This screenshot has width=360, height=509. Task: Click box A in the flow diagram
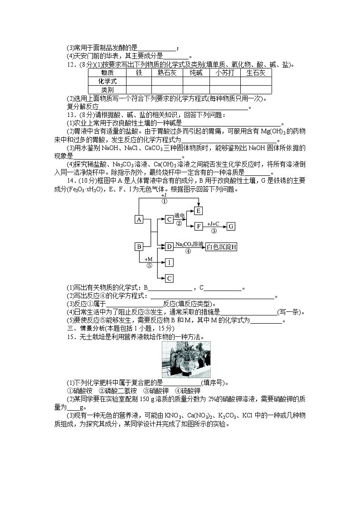[139, 219]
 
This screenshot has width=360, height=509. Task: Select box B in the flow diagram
[139, 247]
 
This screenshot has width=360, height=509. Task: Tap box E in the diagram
[198, 210]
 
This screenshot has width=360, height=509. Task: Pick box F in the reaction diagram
[198, 226]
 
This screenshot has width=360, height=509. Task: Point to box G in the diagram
[230, 226]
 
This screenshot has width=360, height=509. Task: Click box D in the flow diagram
[169, 247]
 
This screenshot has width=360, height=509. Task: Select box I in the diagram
[169, 262]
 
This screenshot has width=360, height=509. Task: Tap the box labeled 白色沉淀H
[222, 247]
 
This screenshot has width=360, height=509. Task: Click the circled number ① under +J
[164, 201]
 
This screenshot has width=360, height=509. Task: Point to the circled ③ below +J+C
[214, 231]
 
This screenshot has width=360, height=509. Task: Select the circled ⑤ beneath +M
[149, 266]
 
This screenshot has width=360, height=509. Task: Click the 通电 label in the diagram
[180, 215]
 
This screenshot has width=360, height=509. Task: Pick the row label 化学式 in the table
[107, 81]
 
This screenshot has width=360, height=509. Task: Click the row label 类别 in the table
[107, 90]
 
